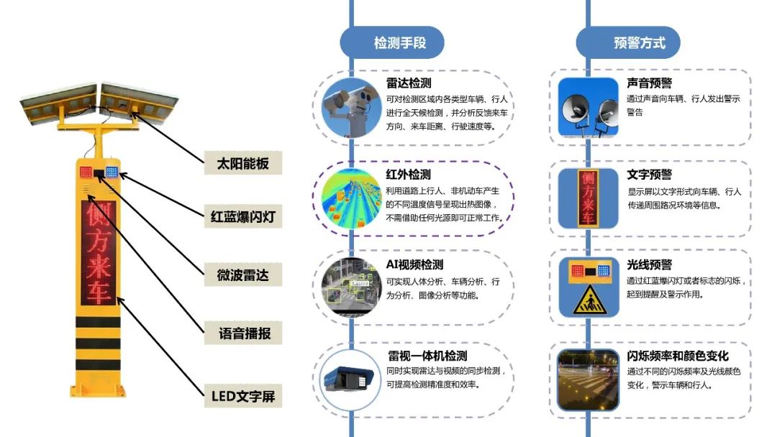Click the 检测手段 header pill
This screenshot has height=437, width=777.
click(x=392, y=42)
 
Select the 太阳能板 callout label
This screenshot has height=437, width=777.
click(x=242, y=163)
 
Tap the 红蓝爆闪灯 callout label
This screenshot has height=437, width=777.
click(x=242, y=216)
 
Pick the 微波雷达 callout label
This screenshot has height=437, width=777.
click(x=242, y=275)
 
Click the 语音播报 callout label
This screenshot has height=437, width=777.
click(x=242, y=333)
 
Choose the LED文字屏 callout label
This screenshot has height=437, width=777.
click(x=242, y=395)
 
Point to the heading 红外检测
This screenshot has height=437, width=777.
click(x=409, y=175)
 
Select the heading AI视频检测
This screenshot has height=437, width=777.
click(x=414, y=265)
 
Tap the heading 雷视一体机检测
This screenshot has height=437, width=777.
click(x=427, y=356)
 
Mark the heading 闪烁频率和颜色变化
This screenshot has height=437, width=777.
click(x=677, y=356)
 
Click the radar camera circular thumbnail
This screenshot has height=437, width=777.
click(x=352, y=107)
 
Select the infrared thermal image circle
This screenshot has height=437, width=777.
click(x=352, y=198)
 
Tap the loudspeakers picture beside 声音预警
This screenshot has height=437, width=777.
click(x=588, y=107)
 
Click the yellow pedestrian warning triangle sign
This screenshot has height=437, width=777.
click(x=588, y=301)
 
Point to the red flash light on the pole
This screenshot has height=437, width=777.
click(x=86, y=172)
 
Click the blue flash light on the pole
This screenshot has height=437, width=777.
click(x=112, y=172)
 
